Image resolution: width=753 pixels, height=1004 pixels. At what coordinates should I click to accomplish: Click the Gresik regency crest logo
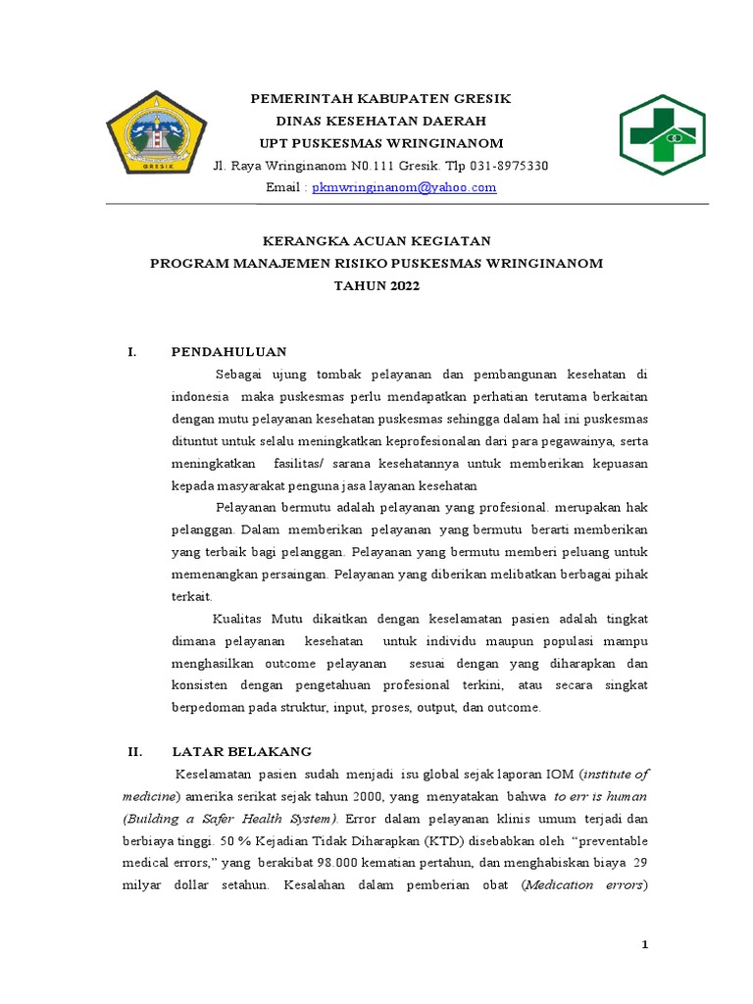(156, 134)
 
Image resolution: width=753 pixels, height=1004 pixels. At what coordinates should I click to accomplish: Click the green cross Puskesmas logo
(661, 135)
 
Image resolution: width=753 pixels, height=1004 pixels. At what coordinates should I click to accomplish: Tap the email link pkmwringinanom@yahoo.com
(404, 187)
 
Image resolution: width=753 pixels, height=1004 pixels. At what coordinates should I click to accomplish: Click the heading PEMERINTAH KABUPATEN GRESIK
(381, 99)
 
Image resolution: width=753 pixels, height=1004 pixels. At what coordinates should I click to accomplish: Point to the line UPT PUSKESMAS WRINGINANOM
(381, 143)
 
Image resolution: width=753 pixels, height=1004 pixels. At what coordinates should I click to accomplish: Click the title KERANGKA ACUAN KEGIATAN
(381, 241)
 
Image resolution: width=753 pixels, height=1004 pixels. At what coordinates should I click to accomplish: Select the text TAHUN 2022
(381, 285)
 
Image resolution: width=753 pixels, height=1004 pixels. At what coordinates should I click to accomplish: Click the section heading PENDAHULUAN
(228, 352)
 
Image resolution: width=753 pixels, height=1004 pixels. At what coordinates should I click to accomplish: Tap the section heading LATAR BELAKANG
(241, 752)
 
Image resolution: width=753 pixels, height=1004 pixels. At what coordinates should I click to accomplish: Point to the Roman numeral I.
(131, 352)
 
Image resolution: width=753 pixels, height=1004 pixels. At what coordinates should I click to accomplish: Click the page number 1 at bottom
(644, 944)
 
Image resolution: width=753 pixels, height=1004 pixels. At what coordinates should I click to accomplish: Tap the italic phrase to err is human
(600, 796)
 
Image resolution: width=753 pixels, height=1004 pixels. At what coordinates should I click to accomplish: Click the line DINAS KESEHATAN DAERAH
(381, 122)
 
